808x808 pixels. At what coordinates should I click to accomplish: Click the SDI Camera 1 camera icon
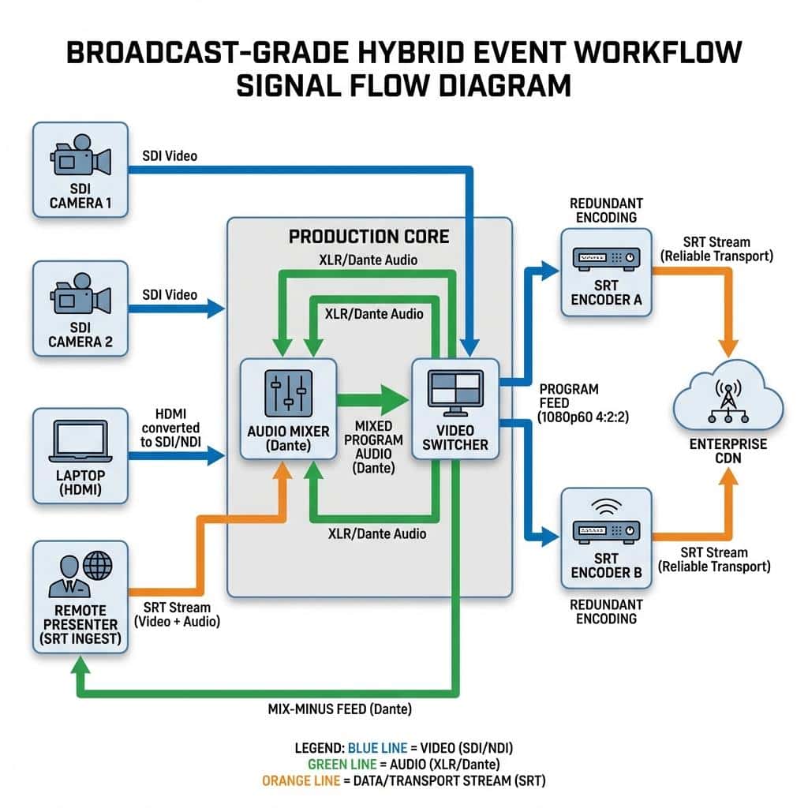pos(80,155)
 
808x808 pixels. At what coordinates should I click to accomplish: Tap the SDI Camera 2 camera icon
pos(80,294)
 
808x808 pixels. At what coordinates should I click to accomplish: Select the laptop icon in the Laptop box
pos(80,441)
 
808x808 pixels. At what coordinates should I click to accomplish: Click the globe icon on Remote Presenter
pos(97,565)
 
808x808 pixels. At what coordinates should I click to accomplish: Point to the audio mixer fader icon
pos(289,393)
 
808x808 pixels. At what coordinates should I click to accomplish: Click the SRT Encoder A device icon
pos(607,259)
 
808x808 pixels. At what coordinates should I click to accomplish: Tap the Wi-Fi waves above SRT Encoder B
pos(607,507)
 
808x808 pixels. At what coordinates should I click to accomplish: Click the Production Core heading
pos(369,237)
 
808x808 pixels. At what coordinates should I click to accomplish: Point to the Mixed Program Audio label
pos(373,447)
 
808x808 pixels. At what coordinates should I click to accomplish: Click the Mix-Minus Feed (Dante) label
pos(339,709)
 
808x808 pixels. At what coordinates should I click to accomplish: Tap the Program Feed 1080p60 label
pos(583,403)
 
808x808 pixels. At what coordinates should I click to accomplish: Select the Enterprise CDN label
pos(728,451)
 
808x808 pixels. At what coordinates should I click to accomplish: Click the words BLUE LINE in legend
pos(377,748)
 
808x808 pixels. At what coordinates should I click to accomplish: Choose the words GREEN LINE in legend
pos(342,764)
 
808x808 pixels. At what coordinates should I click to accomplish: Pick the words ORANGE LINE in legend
pos(301,780)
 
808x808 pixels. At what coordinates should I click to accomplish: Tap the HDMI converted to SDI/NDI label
pos(170,428)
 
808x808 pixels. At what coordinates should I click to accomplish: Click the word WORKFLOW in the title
pos(657,52)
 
